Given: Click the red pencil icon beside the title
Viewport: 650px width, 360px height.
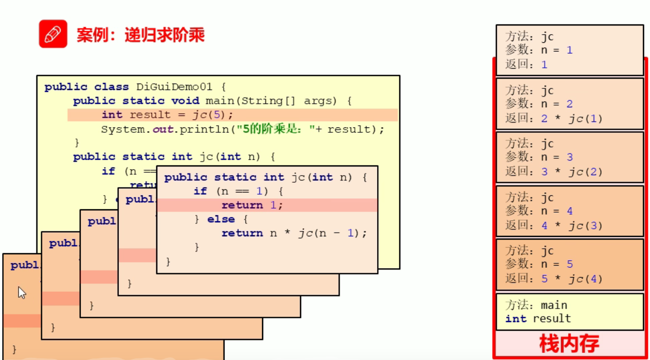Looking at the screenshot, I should pyautogui.click(x=53, y=34).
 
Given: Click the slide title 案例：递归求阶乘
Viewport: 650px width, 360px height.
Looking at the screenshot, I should pyautogui.click(x=141, y=35).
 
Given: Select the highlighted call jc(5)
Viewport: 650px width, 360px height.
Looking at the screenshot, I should pyautogui.click(x=212, y=115).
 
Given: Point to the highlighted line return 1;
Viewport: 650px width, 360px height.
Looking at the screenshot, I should pyautogui.click(x=252, y=205).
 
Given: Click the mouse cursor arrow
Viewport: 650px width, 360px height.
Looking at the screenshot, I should pyautogui.click(x=22, y=293).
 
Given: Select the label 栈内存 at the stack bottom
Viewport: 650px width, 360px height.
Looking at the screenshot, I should pyautogui.click(x=569, y=344).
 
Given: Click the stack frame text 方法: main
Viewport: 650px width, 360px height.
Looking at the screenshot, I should pyautogui.click(x=536, y=305).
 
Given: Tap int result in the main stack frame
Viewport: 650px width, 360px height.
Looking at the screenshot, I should pyautogui.click(x=538, y=319).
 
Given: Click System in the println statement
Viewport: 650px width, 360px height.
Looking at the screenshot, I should pyautogui.click(x=118, y=129).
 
